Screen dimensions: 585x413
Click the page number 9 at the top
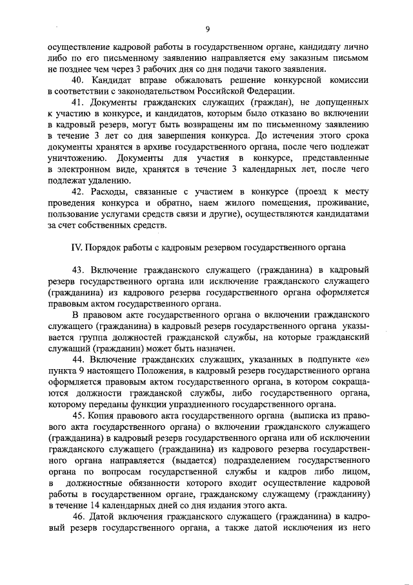[208, 28]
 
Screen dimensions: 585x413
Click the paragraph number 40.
[78, 80]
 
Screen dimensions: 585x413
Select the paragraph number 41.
[78, 102]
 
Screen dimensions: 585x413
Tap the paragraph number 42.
[78, 192]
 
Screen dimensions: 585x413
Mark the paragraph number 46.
[78, 516]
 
